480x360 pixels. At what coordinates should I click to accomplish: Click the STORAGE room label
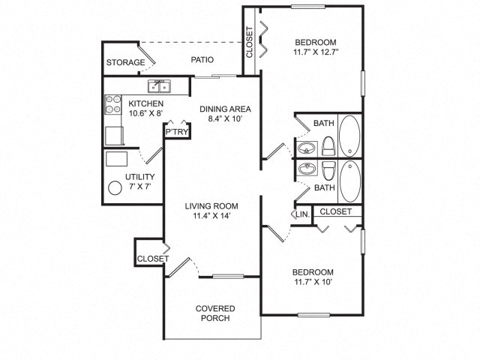tap(125, 62)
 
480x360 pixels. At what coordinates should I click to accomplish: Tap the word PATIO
tap(202, 59)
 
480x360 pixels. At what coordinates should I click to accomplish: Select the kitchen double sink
tap(159, 86)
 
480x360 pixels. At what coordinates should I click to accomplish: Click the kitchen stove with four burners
tap(113, 104)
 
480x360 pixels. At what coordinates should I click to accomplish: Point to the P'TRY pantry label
tap(177, 132)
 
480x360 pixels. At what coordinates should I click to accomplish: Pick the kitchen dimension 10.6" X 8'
tap(145, 113)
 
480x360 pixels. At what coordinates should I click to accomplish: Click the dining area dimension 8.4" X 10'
tap(225, 118)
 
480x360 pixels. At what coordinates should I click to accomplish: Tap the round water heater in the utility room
tap(115, 188)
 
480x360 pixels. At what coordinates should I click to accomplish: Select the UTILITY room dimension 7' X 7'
tap(140, 186)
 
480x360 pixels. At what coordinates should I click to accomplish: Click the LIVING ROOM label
tap(211, 206)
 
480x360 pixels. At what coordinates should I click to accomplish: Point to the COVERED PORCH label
tap(215, 313)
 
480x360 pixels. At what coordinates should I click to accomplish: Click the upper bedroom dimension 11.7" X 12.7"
tap(316, 52)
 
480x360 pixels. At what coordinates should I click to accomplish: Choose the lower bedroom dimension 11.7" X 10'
tap(313, 282)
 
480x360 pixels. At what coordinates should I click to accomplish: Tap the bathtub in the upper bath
tap(350, 135)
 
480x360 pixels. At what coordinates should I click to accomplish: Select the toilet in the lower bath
tap(328, 171)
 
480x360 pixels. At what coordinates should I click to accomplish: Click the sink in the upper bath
tap(307, 148)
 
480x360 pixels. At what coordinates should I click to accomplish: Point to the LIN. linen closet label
tap(303, 214)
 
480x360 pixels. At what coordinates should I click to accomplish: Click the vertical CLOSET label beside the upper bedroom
tap(250, 42)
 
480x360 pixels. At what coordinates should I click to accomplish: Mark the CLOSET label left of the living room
tap(153, 259)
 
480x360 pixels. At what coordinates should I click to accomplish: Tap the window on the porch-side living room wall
tap(228, 277)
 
